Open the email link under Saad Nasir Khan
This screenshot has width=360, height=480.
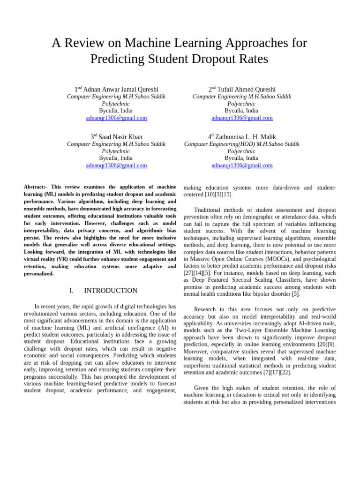[x=116, y=165]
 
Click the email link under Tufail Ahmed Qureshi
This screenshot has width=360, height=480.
[x=242, y=118]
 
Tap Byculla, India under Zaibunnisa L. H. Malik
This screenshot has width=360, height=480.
[x=242, y=158]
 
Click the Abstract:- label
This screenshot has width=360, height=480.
[x=36, y=187]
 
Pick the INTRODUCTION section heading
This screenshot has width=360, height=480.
[x=111, y=291]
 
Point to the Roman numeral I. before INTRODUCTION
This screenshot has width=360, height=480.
[x=72, y=291]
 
